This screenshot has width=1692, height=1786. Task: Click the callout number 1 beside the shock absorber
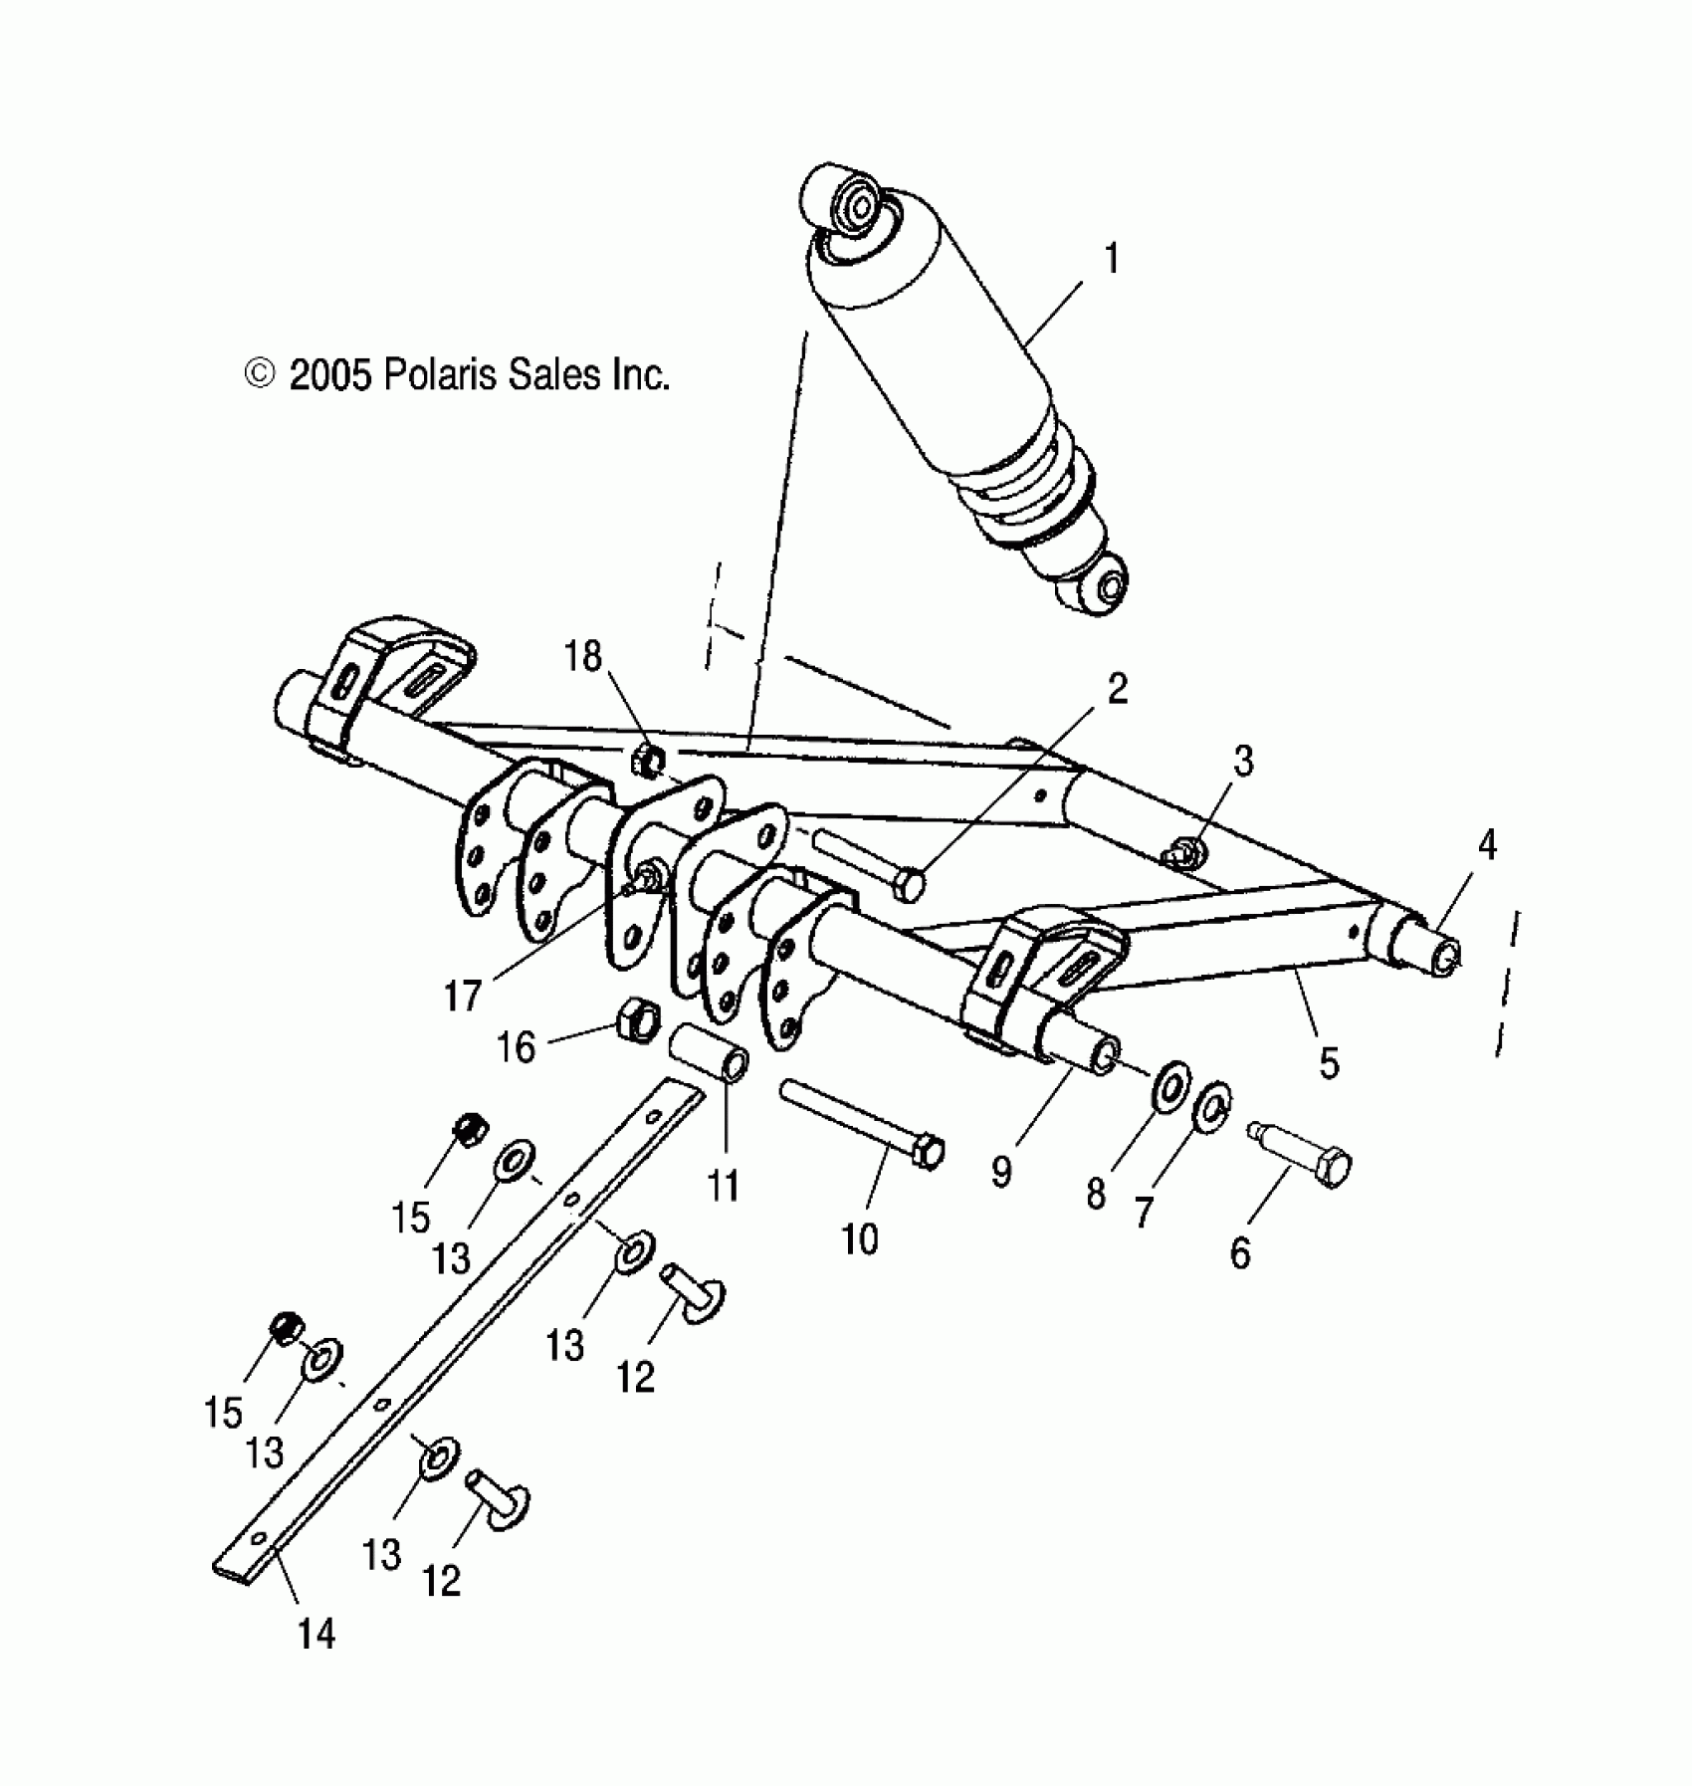(1112, 260)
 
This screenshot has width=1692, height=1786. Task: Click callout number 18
(583, 656)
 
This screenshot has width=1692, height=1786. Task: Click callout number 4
(1486, 845)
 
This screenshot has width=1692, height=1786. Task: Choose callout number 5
(1329, 1062)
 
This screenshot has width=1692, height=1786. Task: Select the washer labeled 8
(1170, 1086)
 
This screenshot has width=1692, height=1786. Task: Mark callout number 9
(1001, 1172)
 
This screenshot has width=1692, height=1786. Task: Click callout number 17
(464, 994)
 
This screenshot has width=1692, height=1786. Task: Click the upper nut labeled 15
(467, 1129)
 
